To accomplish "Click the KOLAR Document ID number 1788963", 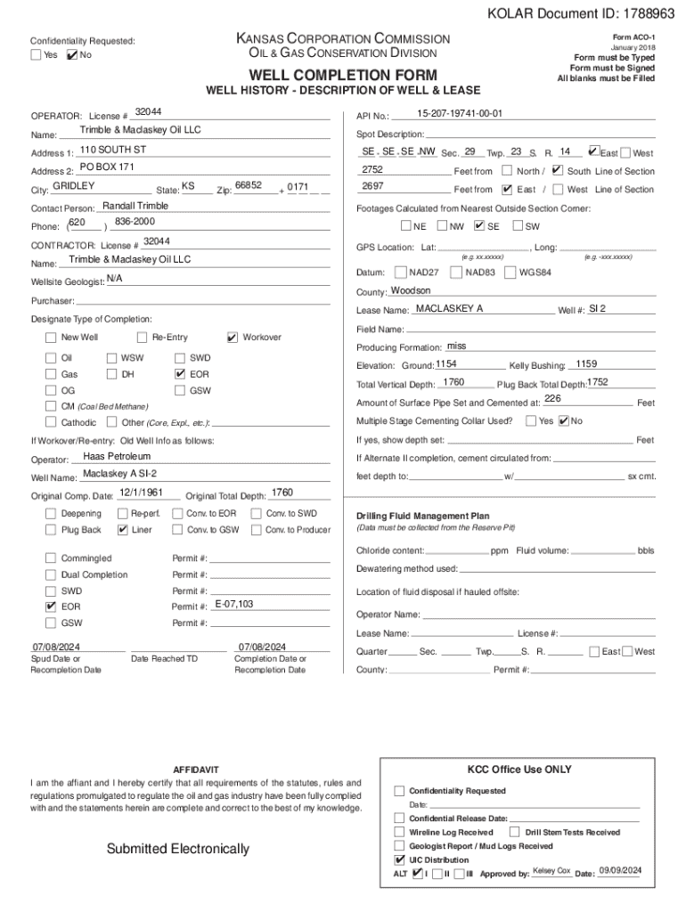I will pyautogui.click(x=641, y=15).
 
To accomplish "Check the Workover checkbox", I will pyautogui.click(x=233, y=338).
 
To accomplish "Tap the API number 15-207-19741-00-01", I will pyautogui.click(x=460, y=114).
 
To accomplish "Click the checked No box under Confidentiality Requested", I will pyautogui.click(x=72, y=55).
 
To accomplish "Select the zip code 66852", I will pyautogui.click(x=248, y=185).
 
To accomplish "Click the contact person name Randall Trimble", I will pyautogui.click(x=135, y=206).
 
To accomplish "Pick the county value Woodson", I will pyautogui.click(x=411, y=290).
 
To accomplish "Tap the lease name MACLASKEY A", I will pyautogui.click(x=449, y=308).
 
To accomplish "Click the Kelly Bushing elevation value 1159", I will pyautogui.click(x=586, y=363).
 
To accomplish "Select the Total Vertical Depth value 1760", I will pyautogui.click(x=453, y=382).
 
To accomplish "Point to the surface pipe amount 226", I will pyautogui.click(x=552, y=399).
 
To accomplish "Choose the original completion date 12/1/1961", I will pyautogui.click(x=141, y=492).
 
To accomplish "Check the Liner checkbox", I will pyautogui.click(x=123, y=530).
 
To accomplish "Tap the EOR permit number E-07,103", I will pyautogui.click(x=234, y=604).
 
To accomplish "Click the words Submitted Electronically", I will pyautogui.click(x=178, y=849).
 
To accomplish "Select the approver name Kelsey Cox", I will pyautogui.click(x=551, y=870).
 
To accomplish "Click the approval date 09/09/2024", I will pyautogui.click(x=621, y=870).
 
